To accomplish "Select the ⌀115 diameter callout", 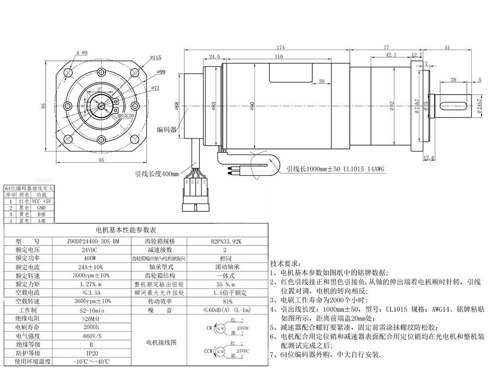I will click(x=155, y=57).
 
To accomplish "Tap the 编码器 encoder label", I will click(x=166, y=130).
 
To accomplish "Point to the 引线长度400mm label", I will click(x=157, y=174).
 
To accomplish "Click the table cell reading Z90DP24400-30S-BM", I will click(x=92, y=241).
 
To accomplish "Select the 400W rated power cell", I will click(x=92, y=258).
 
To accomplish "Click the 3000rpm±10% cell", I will click(x=92, y=275).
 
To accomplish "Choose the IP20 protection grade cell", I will click(x=92, y=353).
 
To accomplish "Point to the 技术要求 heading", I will click(x=285, y=263).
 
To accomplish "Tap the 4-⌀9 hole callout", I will click(x=82, y=53).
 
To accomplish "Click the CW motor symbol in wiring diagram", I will click(x=220, y=328).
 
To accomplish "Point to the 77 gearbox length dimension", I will click(x=386, y=47).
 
